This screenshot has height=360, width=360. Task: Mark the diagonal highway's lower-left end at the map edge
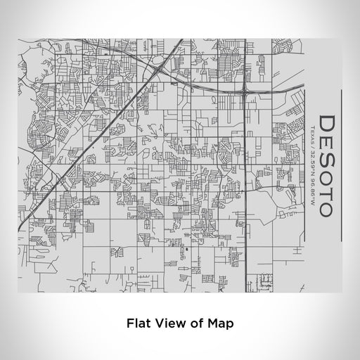(x=20, y=229)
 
